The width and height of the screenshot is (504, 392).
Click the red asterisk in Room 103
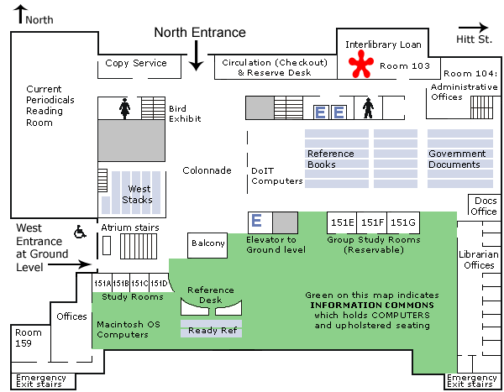(x=363, y=65)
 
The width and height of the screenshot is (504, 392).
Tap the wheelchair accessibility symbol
(x=81, y=231)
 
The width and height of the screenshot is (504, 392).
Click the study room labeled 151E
(x=342, y=222)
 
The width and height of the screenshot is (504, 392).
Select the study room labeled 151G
(x=403, y=222)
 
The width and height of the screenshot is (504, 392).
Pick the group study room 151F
(x=372, y=222)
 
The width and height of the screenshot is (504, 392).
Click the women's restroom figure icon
(x=124, y=107)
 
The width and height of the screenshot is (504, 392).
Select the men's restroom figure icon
(x=367, y=109)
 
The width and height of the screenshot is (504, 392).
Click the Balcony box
(x=207, y=243)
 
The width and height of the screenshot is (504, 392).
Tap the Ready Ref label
(x=211, y=331)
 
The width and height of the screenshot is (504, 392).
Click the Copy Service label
(x=136, y=63)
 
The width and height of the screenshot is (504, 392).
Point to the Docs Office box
(x=486, y=206)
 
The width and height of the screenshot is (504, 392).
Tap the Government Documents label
(x=457, y=159)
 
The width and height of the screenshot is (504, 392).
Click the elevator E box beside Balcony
(x=259, y=222)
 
